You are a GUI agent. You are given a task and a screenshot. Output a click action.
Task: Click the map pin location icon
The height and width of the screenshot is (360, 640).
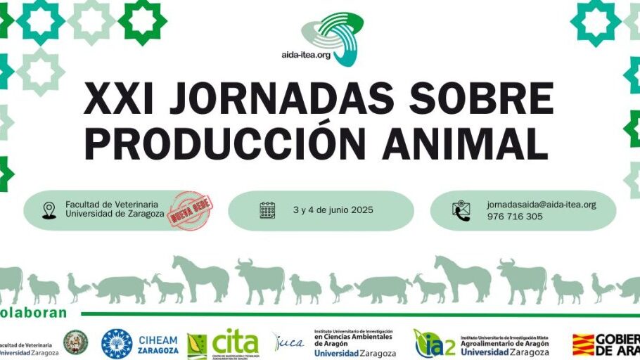click(49, 210)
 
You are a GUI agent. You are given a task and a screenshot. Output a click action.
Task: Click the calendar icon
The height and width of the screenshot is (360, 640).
click(267, 210)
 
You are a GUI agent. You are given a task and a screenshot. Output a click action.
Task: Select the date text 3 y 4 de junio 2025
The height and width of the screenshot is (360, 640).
click(333, 210)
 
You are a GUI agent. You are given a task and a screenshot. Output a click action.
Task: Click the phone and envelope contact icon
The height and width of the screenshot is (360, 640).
click(461, 210)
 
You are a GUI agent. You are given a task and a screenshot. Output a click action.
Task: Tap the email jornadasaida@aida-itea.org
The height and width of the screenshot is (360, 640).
click(541, 205)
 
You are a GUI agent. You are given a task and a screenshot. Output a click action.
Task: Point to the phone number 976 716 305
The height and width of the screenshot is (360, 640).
click(515, 217)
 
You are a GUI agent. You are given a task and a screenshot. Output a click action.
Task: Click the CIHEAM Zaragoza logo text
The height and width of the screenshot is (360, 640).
click(158, 345)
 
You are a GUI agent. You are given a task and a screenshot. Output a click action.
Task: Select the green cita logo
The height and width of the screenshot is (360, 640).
click(234, 343)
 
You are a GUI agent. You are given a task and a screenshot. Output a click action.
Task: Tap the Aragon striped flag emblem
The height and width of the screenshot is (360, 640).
click(583, 344)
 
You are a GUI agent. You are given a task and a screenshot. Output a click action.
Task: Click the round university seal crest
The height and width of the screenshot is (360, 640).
click(75, 342)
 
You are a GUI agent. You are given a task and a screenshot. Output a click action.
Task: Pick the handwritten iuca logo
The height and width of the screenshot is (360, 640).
click(288, 342)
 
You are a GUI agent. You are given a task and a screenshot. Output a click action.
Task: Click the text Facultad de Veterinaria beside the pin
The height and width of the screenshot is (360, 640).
click(112, 204)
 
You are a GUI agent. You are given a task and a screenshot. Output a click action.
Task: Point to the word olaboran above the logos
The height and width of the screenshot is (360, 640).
click(34, 313)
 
